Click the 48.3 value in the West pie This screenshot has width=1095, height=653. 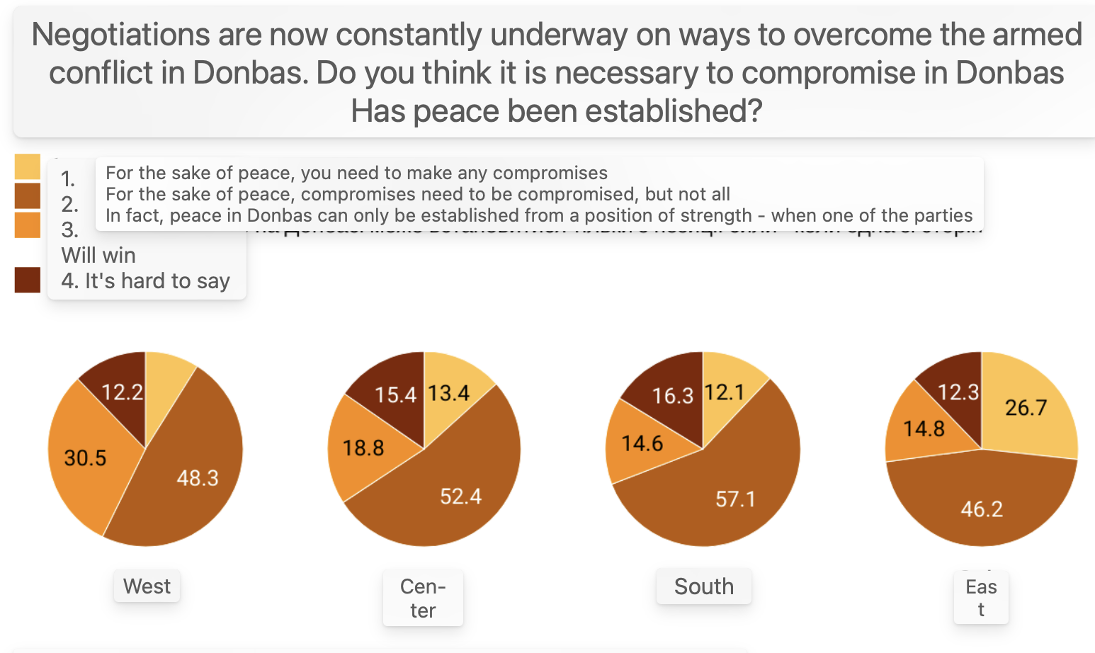click(198, 478)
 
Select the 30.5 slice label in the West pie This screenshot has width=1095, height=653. click(85, 458)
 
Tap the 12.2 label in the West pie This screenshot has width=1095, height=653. click(122, 392)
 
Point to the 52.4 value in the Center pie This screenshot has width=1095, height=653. click(460, 496)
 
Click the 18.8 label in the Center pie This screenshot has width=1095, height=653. click(363, 448)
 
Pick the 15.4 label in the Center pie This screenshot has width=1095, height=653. click(395, 394)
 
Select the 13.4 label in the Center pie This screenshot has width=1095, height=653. click(449, 392)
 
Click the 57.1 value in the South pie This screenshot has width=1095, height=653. click(735, 499)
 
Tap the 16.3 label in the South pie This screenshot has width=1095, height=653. click(672, 395)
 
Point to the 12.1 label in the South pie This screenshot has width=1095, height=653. click(724, 392)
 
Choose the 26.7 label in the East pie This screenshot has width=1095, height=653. click(1026, 407)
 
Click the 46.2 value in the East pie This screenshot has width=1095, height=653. click(982, 509)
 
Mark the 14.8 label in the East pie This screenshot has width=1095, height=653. click(924, 428)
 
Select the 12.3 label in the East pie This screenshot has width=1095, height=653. click(958, 392)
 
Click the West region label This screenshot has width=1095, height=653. click(147, 586)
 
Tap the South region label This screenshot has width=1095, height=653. click(703, 586)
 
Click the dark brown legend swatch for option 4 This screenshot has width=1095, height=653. click(28, 280)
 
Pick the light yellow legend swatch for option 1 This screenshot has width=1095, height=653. click(28, 167)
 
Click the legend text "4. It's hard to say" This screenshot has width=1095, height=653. click(145, 281)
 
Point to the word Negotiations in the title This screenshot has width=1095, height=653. click(121, 35)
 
